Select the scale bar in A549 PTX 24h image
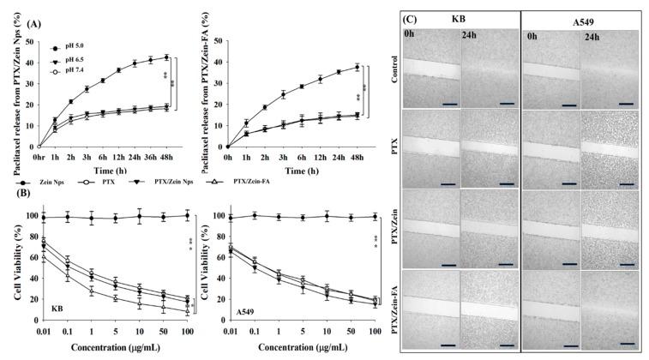pos(622,183)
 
